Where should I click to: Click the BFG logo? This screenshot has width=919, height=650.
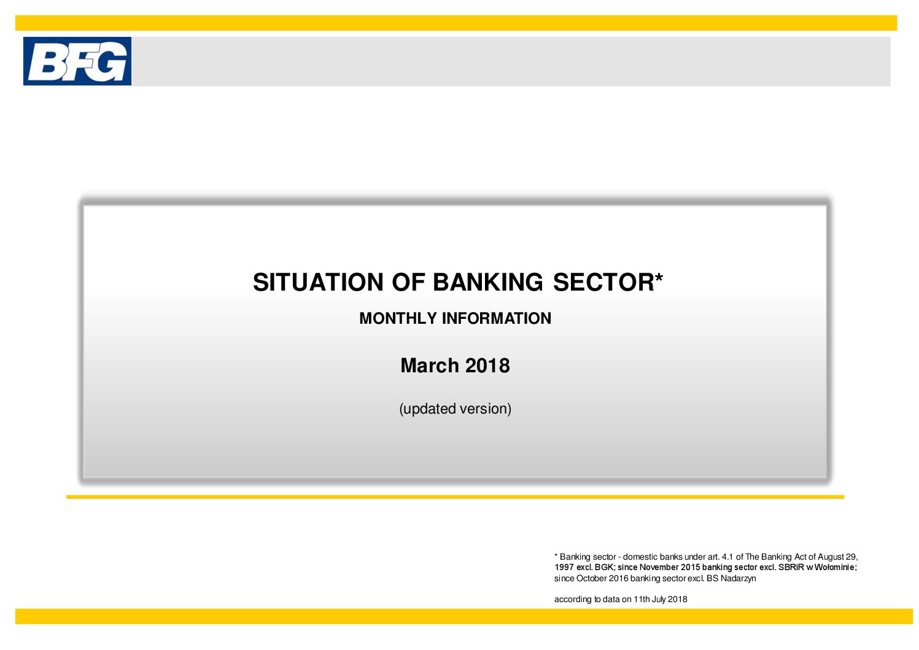[x=77, y=61]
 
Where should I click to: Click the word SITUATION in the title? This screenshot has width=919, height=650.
[x=319, y=283]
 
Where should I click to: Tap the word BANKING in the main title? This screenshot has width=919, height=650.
[x=488, y=283]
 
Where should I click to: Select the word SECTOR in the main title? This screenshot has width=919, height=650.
[x=603, y=283]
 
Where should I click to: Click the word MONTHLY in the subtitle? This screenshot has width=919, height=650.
[x=398, y=319]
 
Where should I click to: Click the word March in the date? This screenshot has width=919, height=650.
[x=430, y=366]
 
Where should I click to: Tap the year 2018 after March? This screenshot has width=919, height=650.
[x=487, y=366]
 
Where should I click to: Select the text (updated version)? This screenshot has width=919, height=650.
[x=456, y=409]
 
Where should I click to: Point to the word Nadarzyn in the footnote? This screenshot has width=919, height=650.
[x=738, y=578]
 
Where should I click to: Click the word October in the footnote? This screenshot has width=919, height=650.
[x=592, y=578]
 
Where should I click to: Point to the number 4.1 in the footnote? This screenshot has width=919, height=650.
[x=727, y=557]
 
